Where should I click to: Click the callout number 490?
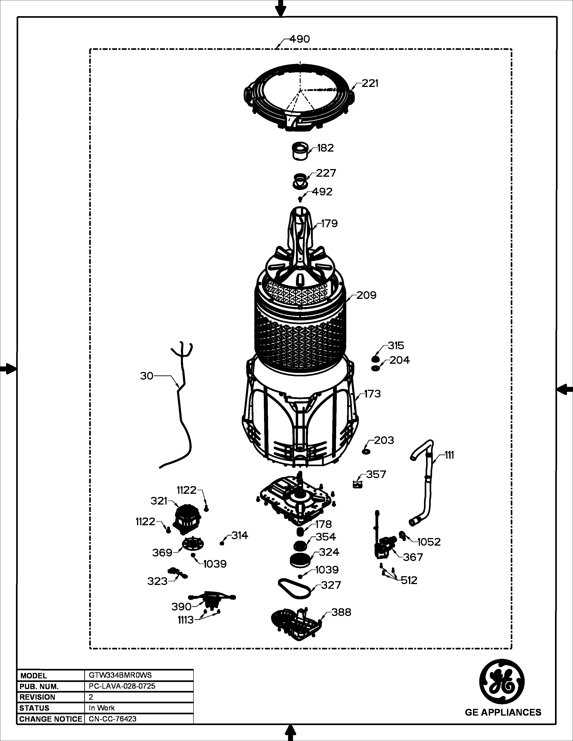[x=300, y=39]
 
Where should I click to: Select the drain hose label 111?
[x=449, y=455]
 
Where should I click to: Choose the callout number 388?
[x=341, y=612]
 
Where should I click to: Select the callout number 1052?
[x=429, y=542]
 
